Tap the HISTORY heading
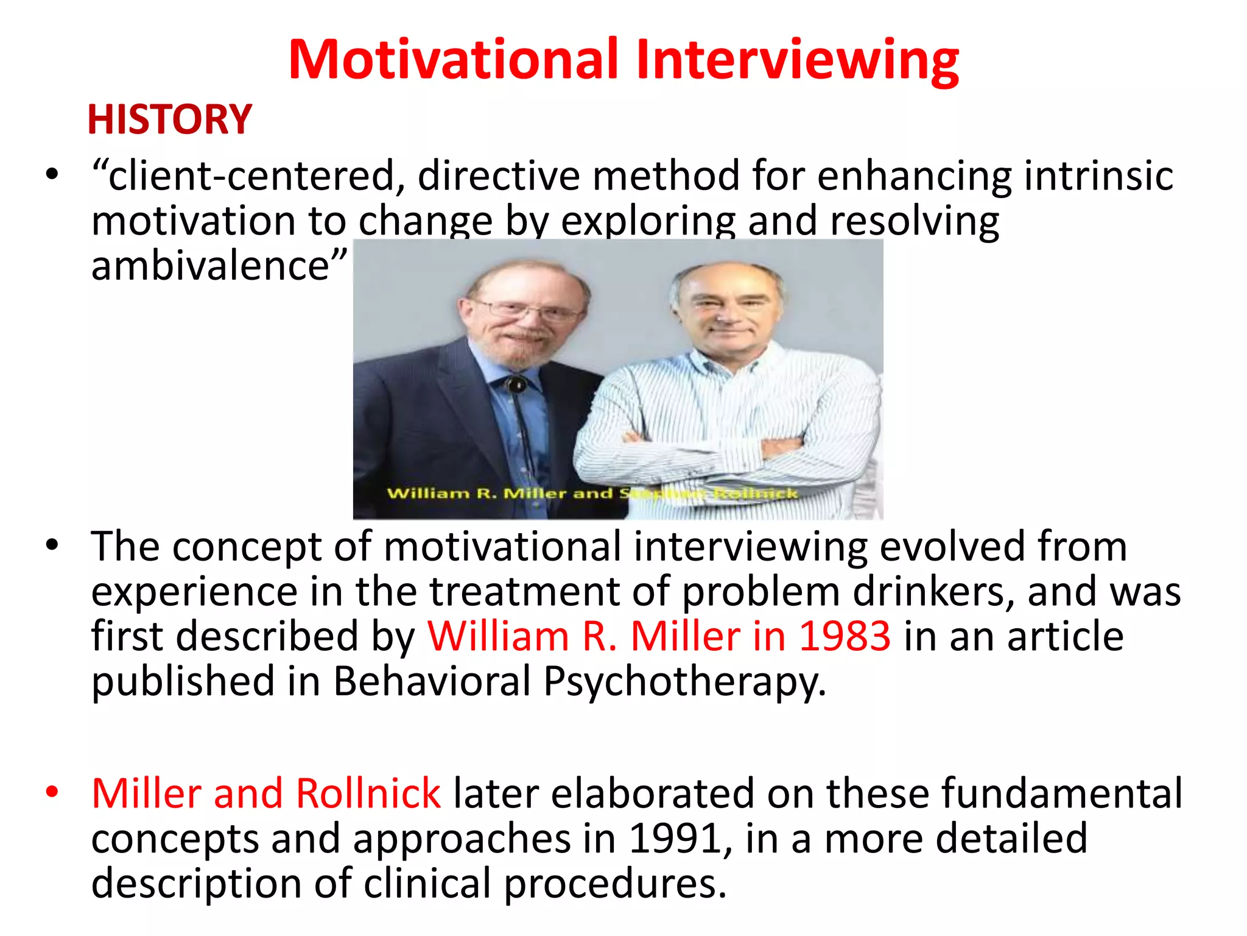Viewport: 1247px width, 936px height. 169,119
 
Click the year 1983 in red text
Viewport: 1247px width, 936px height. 845,636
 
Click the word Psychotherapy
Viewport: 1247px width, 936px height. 684,681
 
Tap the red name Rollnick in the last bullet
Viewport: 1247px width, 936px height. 368,793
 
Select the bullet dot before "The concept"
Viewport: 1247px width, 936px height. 52,544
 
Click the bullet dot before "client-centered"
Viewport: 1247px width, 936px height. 52,174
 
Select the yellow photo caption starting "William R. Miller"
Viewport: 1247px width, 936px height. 592,493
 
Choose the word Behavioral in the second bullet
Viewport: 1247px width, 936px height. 432,681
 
